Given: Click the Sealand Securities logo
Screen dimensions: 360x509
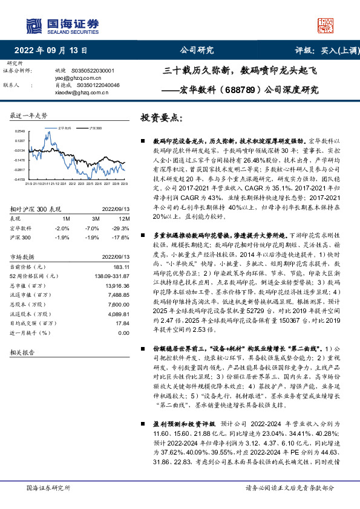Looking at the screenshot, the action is [61, 24].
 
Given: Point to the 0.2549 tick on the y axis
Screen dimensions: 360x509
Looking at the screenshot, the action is [19, 131].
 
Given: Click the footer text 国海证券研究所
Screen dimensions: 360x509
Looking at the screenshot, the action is [47, 487].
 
